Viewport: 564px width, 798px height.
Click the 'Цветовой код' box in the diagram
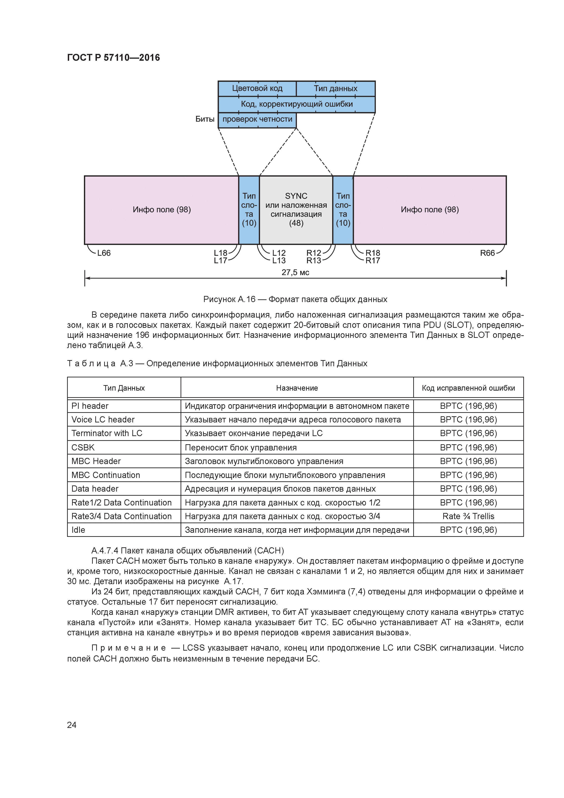pos(257,88)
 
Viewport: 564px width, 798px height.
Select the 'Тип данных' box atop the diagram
pos(335,88)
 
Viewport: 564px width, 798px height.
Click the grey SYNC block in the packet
pos(296,210)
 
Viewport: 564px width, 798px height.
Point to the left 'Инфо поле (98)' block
pos(162,210)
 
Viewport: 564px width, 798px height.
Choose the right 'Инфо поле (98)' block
pos(430,210)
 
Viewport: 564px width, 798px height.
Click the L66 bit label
pos(103,253)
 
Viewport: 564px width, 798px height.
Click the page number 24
pos(72,725)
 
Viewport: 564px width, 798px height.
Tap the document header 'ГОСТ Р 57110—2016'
pos(113,58)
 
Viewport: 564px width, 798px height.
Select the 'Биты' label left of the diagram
pos(205,119)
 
